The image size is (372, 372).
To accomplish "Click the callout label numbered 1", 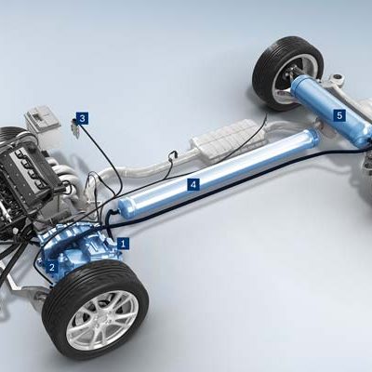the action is tap(123, 244).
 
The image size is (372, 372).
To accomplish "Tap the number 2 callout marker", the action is tap(52, 267).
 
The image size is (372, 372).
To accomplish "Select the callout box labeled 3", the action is tap(83, 118).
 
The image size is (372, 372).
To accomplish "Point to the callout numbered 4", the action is tap(193, 185).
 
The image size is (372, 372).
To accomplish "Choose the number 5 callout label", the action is tap(339, 115).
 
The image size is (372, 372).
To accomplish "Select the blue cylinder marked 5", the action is tap(332, 109).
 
